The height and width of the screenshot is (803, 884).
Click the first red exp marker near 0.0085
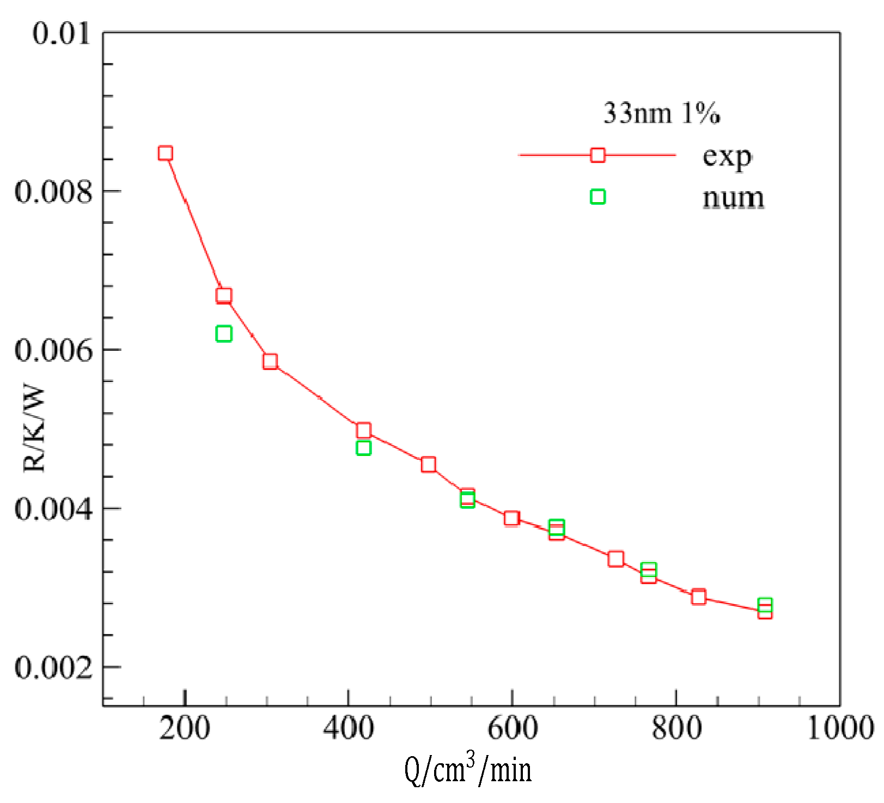point(166,153)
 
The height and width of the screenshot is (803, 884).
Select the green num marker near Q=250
point(224,333)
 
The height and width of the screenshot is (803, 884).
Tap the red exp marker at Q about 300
point(270,361)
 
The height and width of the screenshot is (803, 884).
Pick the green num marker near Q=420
point(363,448)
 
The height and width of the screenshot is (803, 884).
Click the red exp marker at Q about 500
point(429,464)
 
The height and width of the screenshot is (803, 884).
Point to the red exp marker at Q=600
point(511,518)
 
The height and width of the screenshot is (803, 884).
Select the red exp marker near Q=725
point(615,559)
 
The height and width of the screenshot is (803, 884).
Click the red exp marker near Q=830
point(699,597)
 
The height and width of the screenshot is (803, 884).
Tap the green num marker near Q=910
point(765,605)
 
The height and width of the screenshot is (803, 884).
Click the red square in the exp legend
point(598,155)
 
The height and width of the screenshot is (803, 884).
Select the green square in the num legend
point(598,197)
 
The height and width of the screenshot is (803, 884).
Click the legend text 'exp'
point(727,157)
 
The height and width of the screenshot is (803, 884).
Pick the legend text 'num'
point(733,198)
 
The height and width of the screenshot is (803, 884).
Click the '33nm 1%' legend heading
point(661,114)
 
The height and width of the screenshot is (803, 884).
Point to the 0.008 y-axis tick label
point(54,192)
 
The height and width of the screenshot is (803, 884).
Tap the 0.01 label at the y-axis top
point(61,34)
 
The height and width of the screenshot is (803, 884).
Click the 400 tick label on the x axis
point(349,729)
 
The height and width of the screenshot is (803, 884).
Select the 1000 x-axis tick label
point(840,729)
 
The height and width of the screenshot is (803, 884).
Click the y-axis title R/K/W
point(34,429)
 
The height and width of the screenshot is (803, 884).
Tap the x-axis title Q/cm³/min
point(468,770)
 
